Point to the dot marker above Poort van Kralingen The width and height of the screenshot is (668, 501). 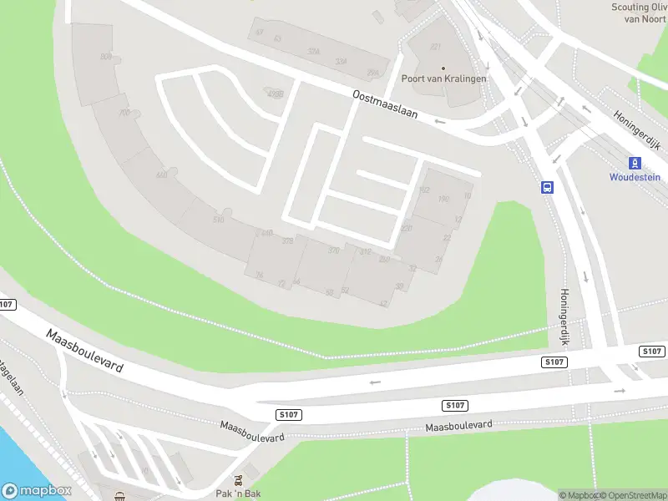coord(443,68)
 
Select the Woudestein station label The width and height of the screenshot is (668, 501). coord(635,177)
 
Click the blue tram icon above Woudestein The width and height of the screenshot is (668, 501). coord(635,162)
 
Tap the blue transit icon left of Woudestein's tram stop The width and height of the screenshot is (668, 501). coord(548,187)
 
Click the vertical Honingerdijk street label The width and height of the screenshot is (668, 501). coord(564,318)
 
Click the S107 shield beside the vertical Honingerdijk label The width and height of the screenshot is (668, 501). coord(554,362)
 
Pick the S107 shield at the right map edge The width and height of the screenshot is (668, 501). coord(652,352)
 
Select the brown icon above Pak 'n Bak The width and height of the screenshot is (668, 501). coord(240,480)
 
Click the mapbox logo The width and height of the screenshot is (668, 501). coord(37,491)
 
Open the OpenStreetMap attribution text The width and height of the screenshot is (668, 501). coord(632,495)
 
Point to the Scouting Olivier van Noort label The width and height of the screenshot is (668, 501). coord(640,12)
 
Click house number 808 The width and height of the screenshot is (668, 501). coord(106,56)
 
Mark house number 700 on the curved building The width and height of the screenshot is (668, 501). coord(124,113)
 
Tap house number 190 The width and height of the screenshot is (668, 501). coord(443,199)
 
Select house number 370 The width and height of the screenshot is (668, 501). coord(334,250)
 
